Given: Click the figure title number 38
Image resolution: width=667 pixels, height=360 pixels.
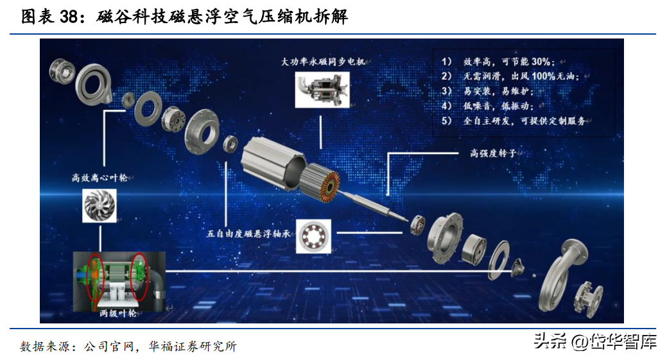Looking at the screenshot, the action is [x=69, y=16].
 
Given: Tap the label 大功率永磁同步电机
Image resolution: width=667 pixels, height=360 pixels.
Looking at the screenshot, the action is [x=323, y=62].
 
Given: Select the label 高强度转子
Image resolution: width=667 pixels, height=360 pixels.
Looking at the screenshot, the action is [x=493, y=153].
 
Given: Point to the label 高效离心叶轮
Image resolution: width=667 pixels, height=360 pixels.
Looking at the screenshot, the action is [x=100, y=178].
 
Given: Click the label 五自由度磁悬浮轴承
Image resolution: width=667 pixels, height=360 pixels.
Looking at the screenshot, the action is [x=248, y=234].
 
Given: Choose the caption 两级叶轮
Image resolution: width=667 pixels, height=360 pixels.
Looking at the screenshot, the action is [x=118, y=313].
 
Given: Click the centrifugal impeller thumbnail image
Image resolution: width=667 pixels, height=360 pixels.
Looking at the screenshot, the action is [x=99, y=206].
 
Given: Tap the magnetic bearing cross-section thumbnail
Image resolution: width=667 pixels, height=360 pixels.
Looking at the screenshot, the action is [x=313, y=236].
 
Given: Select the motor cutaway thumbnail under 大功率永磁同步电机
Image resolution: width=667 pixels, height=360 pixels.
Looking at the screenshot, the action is [x=322, y=89].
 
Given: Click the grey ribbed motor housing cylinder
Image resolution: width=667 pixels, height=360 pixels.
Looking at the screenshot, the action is [x=273, y=162].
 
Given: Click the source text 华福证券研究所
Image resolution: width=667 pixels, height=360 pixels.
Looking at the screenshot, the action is [x=193, y=347].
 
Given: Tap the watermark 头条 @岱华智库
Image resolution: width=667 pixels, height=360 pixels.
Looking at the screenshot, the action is [x=595, y=341].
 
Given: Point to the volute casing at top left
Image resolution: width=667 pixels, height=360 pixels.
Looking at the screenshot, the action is [x=93, y=83].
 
